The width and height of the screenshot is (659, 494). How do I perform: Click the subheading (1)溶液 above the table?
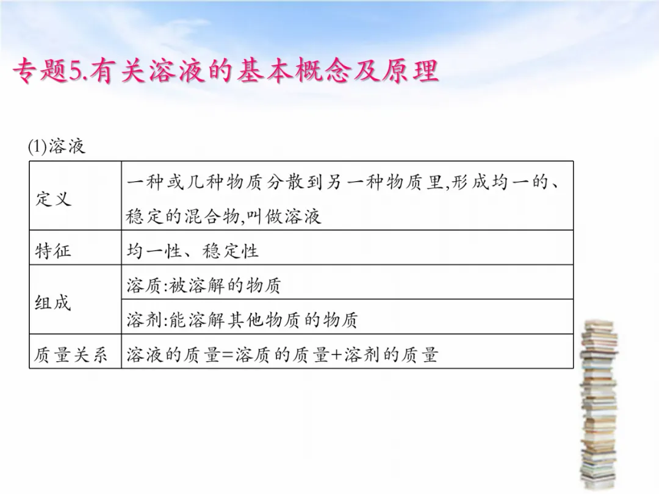[56, 146]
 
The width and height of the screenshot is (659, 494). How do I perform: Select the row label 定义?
[53, 199]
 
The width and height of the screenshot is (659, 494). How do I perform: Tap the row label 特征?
[53, 251]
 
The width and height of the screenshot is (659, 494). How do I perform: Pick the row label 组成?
[53, 302]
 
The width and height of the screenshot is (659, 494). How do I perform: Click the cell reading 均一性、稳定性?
[192, 251]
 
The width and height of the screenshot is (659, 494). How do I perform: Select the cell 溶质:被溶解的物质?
[204, 285]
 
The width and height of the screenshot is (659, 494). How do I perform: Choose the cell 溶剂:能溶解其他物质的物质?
[242, 320]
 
